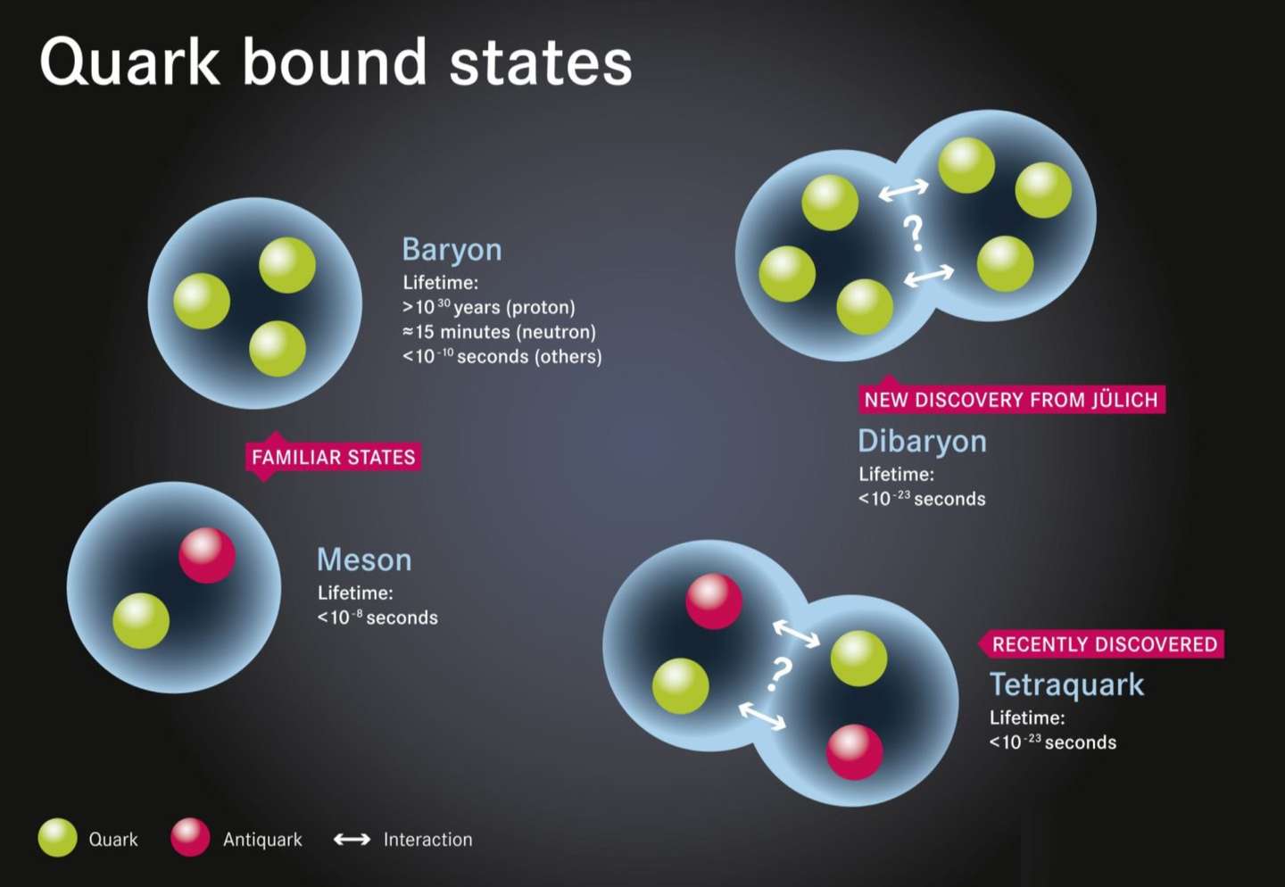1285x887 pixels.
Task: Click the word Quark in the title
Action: tap(129, 62)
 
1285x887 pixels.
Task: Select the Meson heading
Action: tap(364, 560)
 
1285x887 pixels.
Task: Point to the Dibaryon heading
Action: tap(923, 442)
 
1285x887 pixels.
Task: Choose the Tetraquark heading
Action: tap(1067, 685)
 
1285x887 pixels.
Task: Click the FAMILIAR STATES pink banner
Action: tap(334, 457)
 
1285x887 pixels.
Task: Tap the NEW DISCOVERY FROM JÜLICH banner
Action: tap(1011, 399)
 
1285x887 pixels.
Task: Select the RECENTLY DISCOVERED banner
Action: tap(1102, 643)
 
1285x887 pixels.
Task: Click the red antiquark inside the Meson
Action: tap(207, 555)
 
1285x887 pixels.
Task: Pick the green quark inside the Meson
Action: tap(141, 621)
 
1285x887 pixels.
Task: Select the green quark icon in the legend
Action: tap(57, 838)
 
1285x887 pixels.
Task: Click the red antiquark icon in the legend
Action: tap(190, 838)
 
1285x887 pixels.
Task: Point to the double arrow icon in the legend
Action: tap(352, 840)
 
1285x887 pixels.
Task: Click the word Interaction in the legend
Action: tap(428, 840)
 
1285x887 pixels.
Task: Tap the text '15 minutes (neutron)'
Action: tap(506, 332)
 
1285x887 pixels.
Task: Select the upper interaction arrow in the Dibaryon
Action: tap(903, 190)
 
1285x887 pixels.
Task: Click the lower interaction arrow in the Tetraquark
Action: tap(762, 717)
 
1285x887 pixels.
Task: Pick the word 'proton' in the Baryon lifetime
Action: tap(541, 308)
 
